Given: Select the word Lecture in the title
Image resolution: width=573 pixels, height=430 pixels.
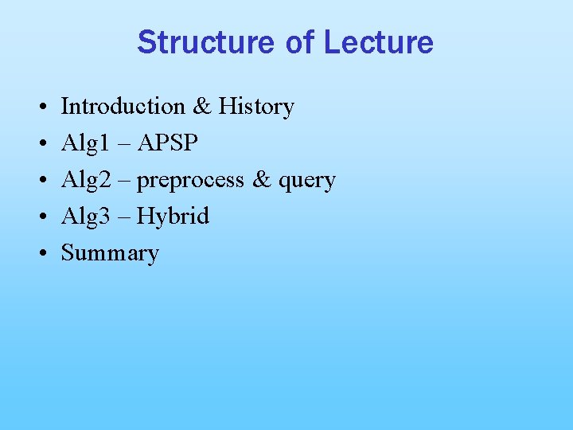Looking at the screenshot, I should [x=379, y=42].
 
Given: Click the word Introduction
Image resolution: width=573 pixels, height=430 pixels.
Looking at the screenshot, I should [x=123, y=106].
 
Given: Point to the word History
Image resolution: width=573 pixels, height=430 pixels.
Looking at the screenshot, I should [x=256, y=106].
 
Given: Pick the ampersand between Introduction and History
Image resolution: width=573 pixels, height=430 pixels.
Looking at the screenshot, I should [x=201, y=106].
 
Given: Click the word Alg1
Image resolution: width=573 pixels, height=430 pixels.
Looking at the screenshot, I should [x=84, y=143].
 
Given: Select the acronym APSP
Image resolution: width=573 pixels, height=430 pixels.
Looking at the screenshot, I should [x=168, y=143].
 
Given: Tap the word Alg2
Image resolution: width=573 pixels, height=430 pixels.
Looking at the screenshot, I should [x=84, y=179].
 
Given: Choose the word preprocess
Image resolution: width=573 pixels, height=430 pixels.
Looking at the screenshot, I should [x=190, y=181].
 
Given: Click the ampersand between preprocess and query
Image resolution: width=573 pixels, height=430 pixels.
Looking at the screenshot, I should [x=261, y=179].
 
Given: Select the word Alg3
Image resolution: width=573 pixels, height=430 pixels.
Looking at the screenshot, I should [x=84, y=216].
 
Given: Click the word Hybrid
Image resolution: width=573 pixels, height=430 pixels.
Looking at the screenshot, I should [x=173, y=217].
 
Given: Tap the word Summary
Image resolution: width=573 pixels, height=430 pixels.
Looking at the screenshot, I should [x=110, y=254].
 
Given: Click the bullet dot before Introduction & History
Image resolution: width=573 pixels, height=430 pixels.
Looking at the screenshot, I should [x=39, y=107].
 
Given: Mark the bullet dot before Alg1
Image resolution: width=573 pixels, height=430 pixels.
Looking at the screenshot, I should [x=39, y=143].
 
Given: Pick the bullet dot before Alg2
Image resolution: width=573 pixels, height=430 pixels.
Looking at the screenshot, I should [x=39, y=180].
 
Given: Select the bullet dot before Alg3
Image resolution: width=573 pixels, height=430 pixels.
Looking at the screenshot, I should [x=39, y=217].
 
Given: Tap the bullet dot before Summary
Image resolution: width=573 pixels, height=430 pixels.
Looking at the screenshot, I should [x=39, y=253].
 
